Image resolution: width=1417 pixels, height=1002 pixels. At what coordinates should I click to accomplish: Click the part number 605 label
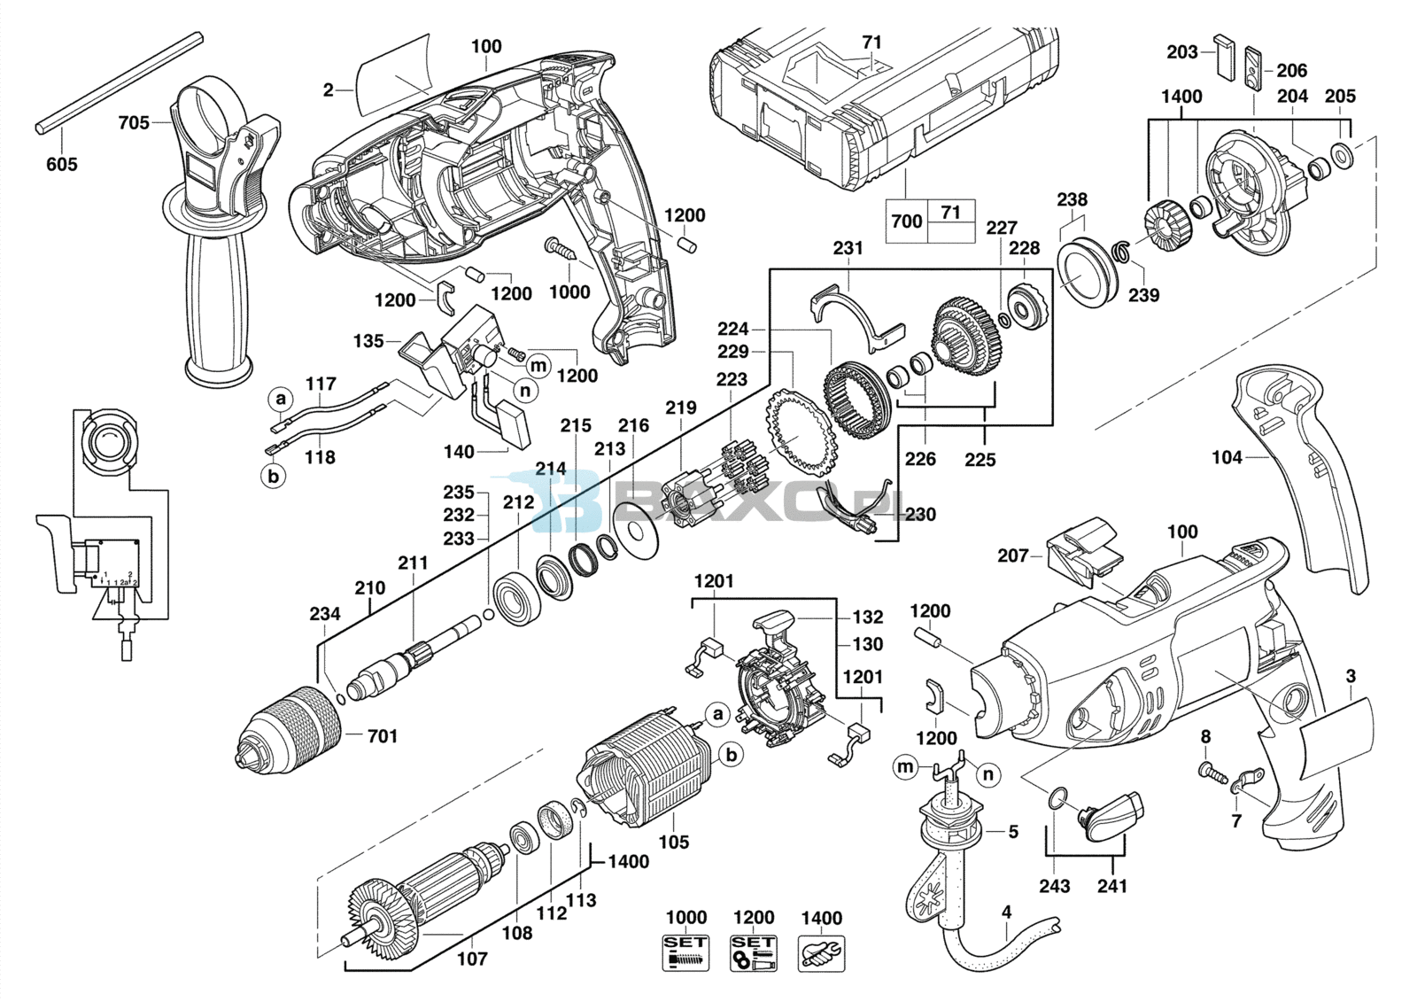click(62, 165)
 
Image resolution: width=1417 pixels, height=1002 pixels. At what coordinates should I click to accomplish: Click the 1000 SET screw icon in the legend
click(685, 952)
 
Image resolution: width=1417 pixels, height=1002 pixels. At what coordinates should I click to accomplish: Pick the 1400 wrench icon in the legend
click(822, 952)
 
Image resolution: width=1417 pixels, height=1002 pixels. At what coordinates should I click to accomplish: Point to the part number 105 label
click(673, 842)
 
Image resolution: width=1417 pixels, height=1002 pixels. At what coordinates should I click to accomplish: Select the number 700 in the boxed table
click(907, 221)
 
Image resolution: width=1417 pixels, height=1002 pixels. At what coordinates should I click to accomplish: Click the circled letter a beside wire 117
click(282, 399)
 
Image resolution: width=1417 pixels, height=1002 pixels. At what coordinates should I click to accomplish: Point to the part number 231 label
click(848, 248)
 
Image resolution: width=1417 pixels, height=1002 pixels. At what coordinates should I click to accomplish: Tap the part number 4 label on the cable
click(1006, 913)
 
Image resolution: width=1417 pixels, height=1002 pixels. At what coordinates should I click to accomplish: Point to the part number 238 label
click(1072, 199)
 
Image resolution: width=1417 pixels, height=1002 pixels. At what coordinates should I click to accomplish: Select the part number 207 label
click(1013, 555)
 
